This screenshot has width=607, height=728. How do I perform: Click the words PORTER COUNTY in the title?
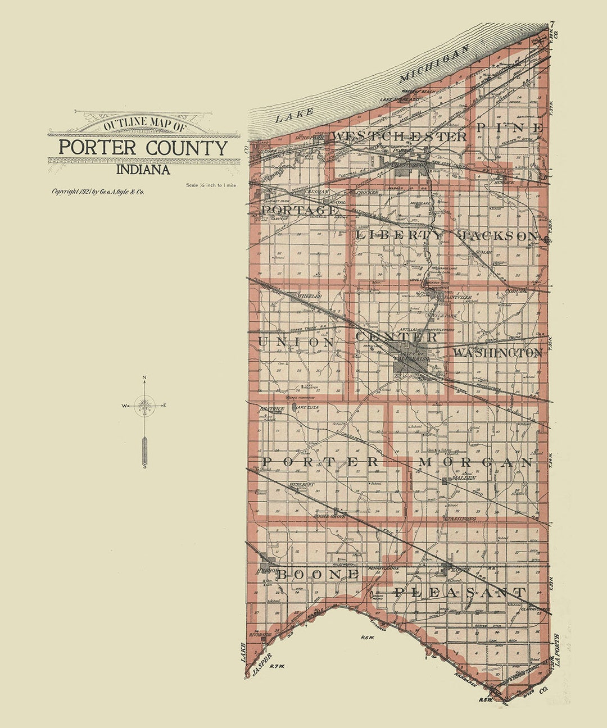pyautogui.click(x=143, y=148)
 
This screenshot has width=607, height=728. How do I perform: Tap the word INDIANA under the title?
pyautogui.click(x=143, y=169)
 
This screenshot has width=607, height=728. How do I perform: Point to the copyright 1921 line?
pyautogui.click(x=98, y=192)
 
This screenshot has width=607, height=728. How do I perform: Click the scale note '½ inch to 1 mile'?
pyautogui.click(x=211, y=185)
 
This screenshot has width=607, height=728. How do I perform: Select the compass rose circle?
pyautogui.click(x=145, y=405)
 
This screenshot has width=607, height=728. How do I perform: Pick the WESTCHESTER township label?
pyautogui.click(x=398, y=136)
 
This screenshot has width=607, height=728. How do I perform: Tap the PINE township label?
pyautogui.click(x=510, y=128)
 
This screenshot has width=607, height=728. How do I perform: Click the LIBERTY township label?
pyautogui.click(x=399, y=235)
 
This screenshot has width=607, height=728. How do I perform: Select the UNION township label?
pyautogui.click(x=296, y=342)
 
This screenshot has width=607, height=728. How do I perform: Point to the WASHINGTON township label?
pyautogui.click(x=497, y=353)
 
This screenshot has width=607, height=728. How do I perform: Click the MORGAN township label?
pyautogui.click(x=475, y=462)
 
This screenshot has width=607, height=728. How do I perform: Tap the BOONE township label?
pyautogui.click(x=317, y=574)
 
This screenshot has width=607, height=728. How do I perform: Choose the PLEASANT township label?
pyautogui.click(x=460, y=592)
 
